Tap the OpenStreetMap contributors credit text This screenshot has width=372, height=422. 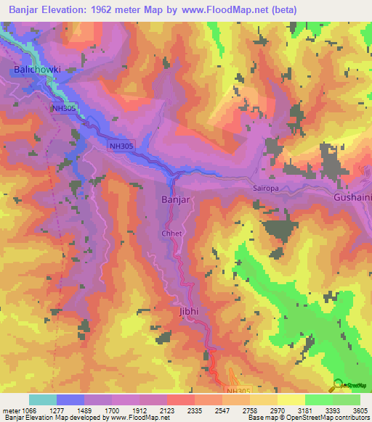(333, 418)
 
